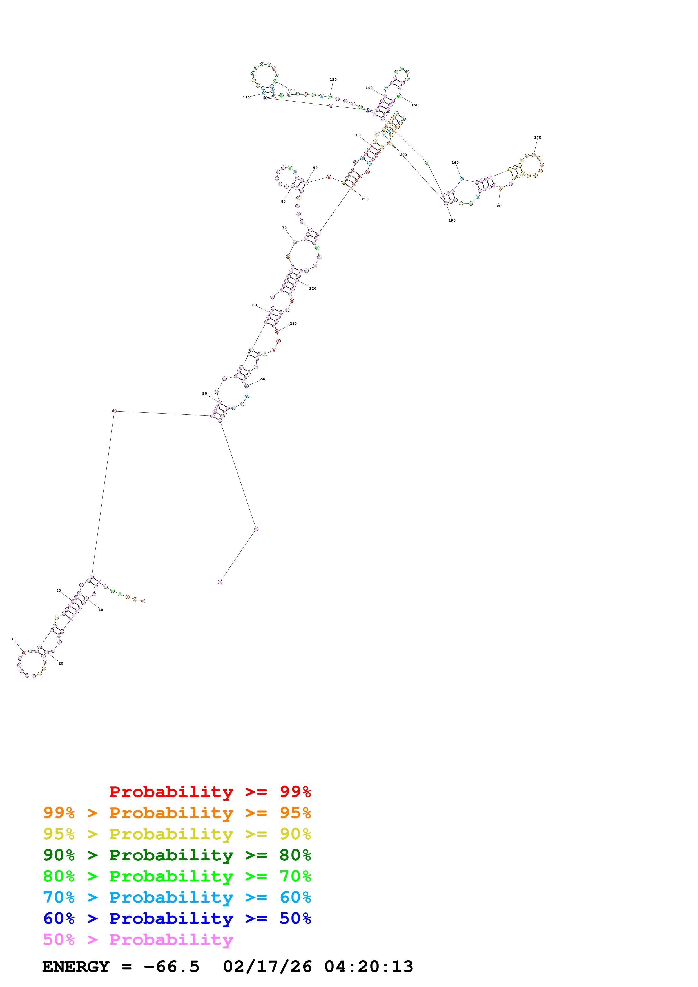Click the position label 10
(x=101, y=610)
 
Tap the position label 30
(x=13, y=639)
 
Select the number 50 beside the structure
(x=205, y=393)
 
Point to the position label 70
(x=284, y=228)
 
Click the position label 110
(x=246, y=97)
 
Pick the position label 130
(x=333, y=80)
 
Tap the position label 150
(x=414, y=105)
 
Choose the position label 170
(x=538, y=138)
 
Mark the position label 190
(x=452, y=221)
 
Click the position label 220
(x=313, y=288)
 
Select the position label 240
(x=263, y=379)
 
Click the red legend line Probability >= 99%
(x=210, y=792)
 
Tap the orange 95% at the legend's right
(x=295, y=813)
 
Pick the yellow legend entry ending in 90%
(x=177, y=834)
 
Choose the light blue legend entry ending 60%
(x=177, y=897)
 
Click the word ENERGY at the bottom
(x=76, y=966)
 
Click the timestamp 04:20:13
(x=369, y=966)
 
